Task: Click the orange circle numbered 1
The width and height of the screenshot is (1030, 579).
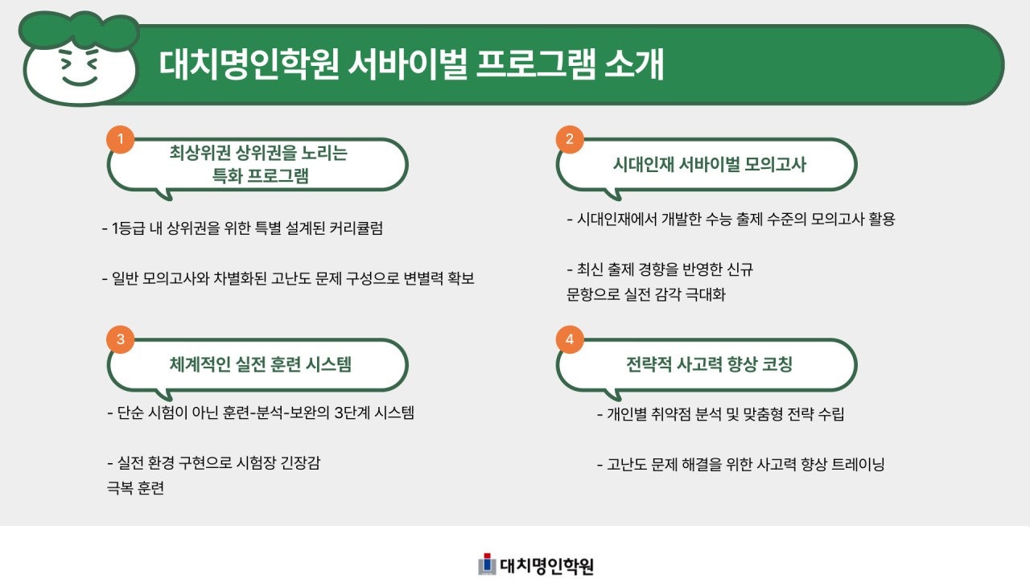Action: [121, 139]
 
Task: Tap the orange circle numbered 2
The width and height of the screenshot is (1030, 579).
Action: [570, 139]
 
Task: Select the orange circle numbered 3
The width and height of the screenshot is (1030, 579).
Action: [121, 339]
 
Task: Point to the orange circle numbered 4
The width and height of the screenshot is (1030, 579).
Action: [570, 339]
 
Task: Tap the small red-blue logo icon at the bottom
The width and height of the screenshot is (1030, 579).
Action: [486, 565]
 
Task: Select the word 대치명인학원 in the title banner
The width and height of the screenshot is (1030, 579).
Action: [249, 65]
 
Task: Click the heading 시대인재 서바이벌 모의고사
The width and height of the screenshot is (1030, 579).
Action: [709, 165]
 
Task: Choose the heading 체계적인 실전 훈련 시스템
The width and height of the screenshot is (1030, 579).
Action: [260, 364]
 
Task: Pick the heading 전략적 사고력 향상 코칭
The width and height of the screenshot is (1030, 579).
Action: [709, 364]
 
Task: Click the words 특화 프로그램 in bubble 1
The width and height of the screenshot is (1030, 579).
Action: [260, 177]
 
